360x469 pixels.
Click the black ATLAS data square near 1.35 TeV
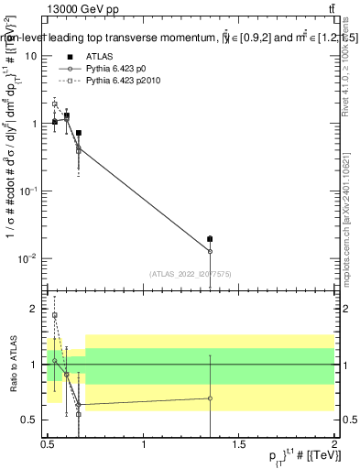(210, 240)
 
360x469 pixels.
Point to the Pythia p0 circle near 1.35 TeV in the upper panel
(210, 251)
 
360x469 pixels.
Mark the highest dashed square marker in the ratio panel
(55, 315)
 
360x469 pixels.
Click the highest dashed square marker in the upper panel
(55, 104)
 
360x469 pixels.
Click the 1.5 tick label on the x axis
(239, 443)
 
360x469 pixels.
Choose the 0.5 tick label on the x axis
(48, 443)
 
